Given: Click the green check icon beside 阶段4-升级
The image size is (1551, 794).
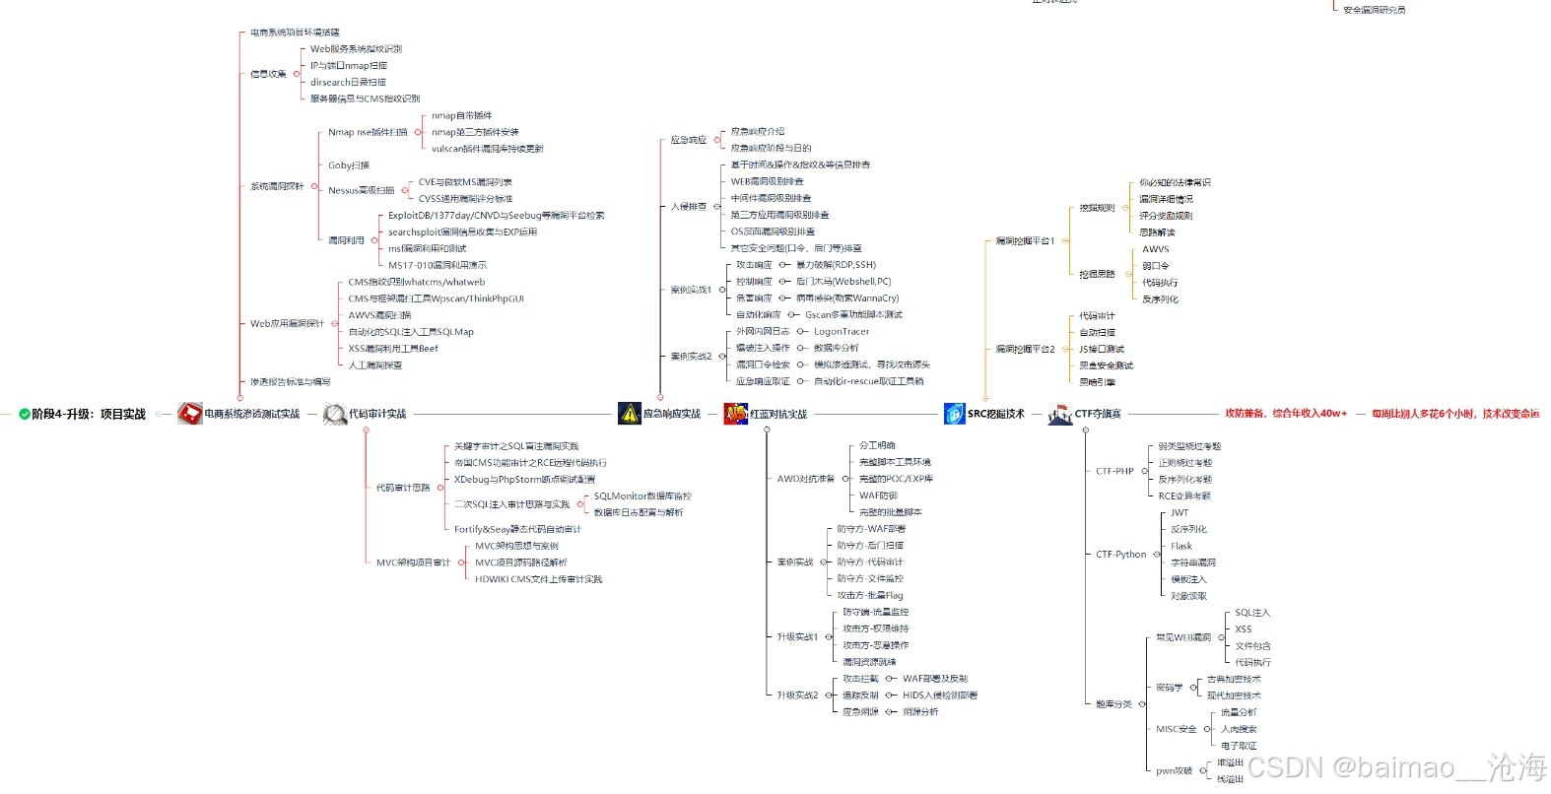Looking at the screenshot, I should [24, 415].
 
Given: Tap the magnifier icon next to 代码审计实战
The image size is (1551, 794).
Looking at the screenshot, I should [335, 414].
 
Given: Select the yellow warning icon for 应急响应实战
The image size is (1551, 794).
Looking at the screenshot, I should [629, 414].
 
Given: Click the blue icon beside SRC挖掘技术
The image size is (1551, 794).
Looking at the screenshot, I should [953, 414].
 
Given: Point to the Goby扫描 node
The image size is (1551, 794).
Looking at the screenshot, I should [349, 165].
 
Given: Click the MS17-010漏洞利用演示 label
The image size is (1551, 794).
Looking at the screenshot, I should [437, 265].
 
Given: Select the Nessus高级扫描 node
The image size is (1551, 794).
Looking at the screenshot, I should [361, 190].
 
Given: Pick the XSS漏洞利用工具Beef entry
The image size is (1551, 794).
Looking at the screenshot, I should [392, 349].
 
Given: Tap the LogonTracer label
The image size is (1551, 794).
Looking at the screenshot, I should [842, 332].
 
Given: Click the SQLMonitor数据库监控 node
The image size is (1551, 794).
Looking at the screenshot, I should [642, 496].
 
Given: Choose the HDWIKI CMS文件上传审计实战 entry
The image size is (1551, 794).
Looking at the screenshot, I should [538, 579].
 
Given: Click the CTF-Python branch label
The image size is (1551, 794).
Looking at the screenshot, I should [1120, 555].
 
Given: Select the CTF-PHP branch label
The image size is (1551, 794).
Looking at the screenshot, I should [1114, 471].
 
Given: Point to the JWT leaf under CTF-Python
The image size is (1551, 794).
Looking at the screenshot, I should [1180, 513].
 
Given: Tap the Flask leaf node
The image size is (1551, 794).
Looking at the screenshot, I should [1180, 546].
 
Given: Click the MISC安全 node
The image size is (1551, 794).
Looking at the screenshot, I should [1176, 729].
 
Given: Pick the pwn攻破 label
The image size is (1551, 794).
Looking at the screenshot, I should [1174, 770].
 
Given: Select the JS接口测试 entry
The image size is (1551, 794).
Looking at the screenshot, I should [1101, 350].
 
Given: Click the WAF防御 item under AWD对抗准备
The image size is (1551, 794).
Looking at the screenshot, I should [878, 496].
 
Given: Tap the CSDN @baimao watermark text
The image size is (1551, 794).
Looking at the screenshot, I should [1396, 767].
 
